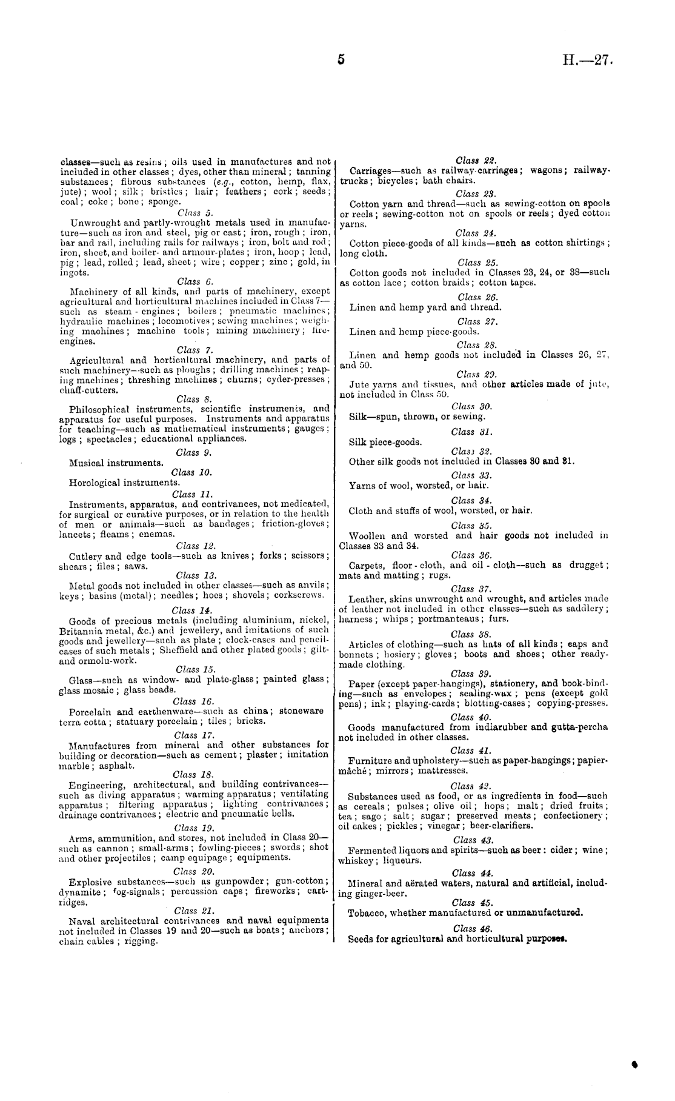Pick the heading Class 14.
(192, 611)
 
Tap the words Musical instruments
(116, 463)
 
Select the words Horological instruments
(124, 483)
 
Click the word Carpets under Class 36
(365, 565)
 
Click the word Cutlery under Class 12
(86, 556)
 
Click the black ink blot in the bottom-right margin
(635, 1063)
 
